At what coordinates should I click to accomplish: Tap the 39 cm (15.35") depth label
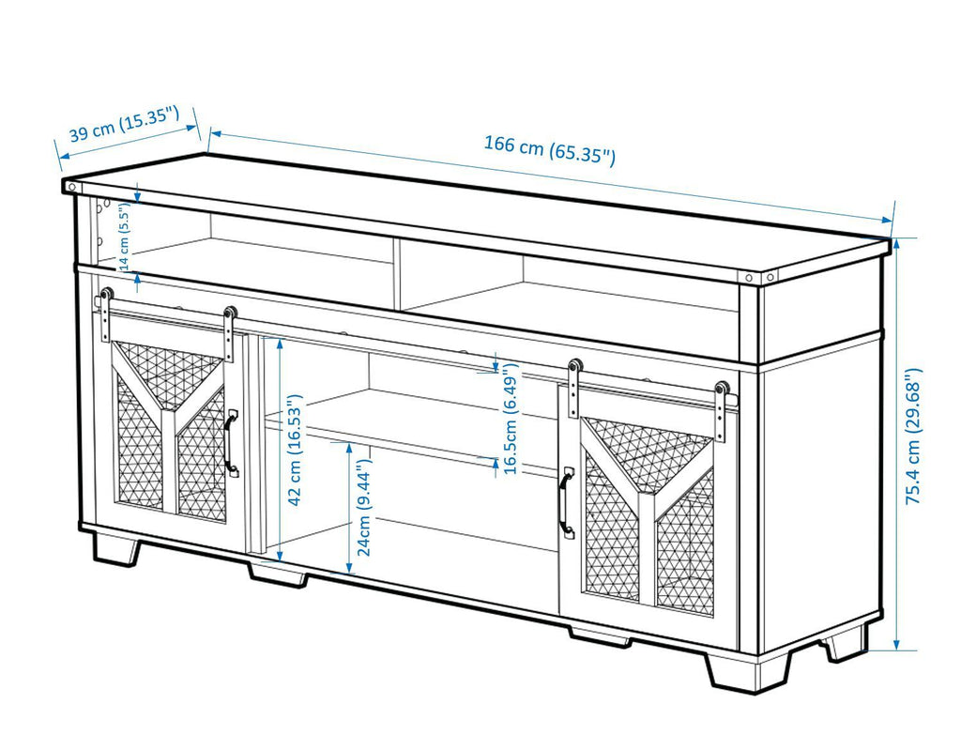[x=123, y=126]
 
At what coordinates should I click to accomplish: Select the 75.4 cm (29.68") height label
[x=914, y=436]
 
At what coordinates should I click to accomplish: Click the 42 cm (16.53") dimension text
[x=295, y=452]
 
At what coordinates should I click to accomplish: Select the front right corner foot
[x=747, y=670]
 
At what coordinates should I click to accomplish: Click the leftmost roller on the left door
[x=105, y=295]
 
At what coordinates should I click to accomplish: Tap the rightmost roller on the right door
[x=722, y=388]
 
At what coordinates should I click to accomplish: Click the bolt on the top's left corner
[x=72, y=187]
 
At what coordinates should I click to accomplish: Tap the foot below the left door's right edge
[x=278, y=574]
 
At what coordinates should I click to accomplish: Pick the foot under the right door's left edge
[x=599, y=636]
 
